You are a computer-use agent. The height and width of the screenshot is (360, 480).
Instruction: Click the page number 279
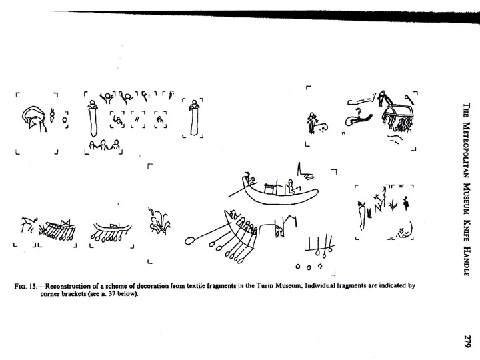point(467,341)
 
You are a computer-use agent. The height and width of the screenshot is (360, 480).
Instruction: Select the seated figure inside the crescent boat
point(290,187)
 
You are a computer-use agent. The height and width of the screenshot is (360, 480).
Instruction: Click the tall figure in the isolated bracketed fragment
point(194,117)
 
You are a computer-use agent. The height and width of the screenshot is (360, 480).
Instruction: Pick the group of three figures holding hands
point(104,145)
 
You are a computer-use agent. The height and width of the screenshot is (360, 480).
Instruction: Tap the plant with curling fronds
point(159,221)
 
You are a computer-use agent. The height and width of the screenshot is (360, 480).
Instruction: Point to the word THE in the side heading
point(467,110)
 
